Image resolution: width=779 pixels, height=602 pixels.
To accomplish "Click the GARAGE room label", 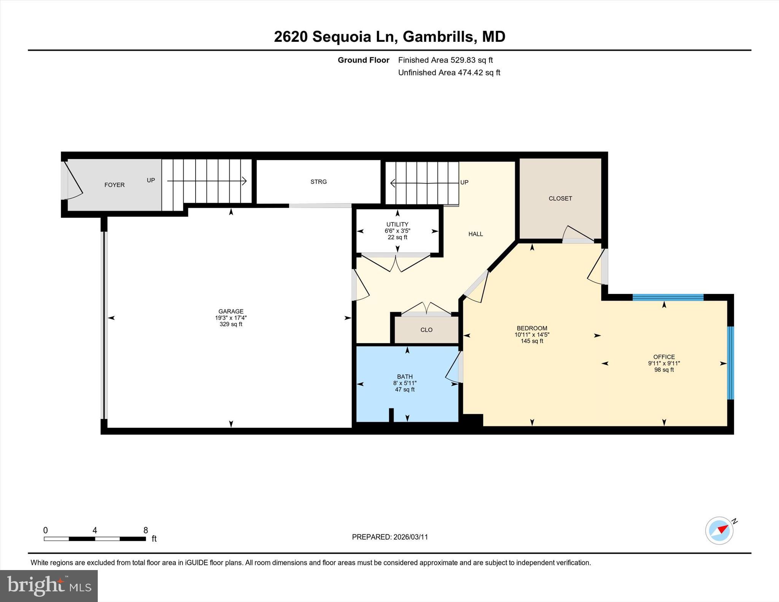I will [231, 311].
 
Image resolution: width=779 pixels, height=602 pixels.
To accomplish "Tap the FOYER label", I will [114, 185].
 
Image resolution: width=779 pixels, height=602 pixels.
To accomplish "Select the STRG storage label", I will [318, 182].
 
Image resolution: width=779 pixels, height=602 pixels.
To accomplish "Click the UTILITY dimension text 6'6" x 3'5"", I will [397, 231].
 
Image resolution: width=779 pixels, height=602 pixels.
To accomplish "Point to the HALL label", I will [475, 234].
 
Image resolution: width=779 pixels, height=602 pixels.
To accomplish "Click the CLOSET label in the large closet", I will [560, 199].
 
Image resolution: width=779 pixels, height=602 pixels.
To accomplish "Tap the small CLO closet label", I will [426, 330].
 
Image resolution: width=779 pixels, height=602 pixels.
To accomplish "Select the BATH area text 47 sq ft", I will [405, 389].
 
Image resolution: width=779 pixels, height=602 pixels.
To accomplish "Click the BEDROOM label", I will [532, 328].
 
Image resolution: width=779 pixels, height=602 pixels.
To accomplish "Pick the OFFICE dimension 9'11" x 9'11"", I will [664, 363].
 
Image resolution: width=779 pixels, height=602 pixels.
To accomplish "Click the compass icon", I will [719, 530].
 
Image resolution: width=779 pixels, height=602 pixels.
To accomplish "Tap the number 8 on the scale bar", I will [145, 530].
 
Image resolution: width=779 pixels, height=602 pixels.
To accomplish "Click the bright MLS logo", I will [49, 585].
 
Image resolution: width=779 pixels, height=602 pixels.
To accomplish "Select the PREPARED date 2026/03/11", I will [410, 537].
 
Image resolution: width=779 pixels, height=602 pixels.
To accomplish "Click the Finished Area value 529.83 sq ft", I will [472, 60].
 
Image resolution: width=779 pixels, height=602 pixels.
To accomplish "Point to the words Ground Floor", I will [363, 60].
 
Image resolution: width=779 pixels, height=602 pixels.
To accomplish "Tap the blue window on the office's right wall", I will [730, 363].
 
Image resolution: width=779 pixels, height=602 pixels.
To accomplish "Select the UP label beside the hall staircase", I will [464, 182].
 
